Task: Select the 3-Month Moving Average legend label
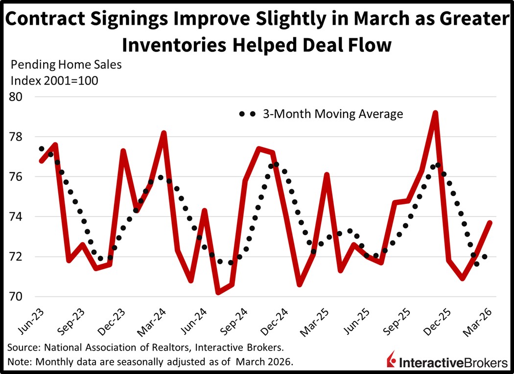[x=332, y=114]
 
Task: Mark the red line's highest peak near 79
[x=435, y=113]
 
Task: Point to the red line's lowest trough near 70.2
[x=218, y=293]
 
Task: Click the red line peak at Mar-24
[x=164, y=133]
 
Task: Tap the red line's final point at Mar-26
[x=490, y=223]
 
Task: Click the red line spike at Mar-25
[x=327, y=175]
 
